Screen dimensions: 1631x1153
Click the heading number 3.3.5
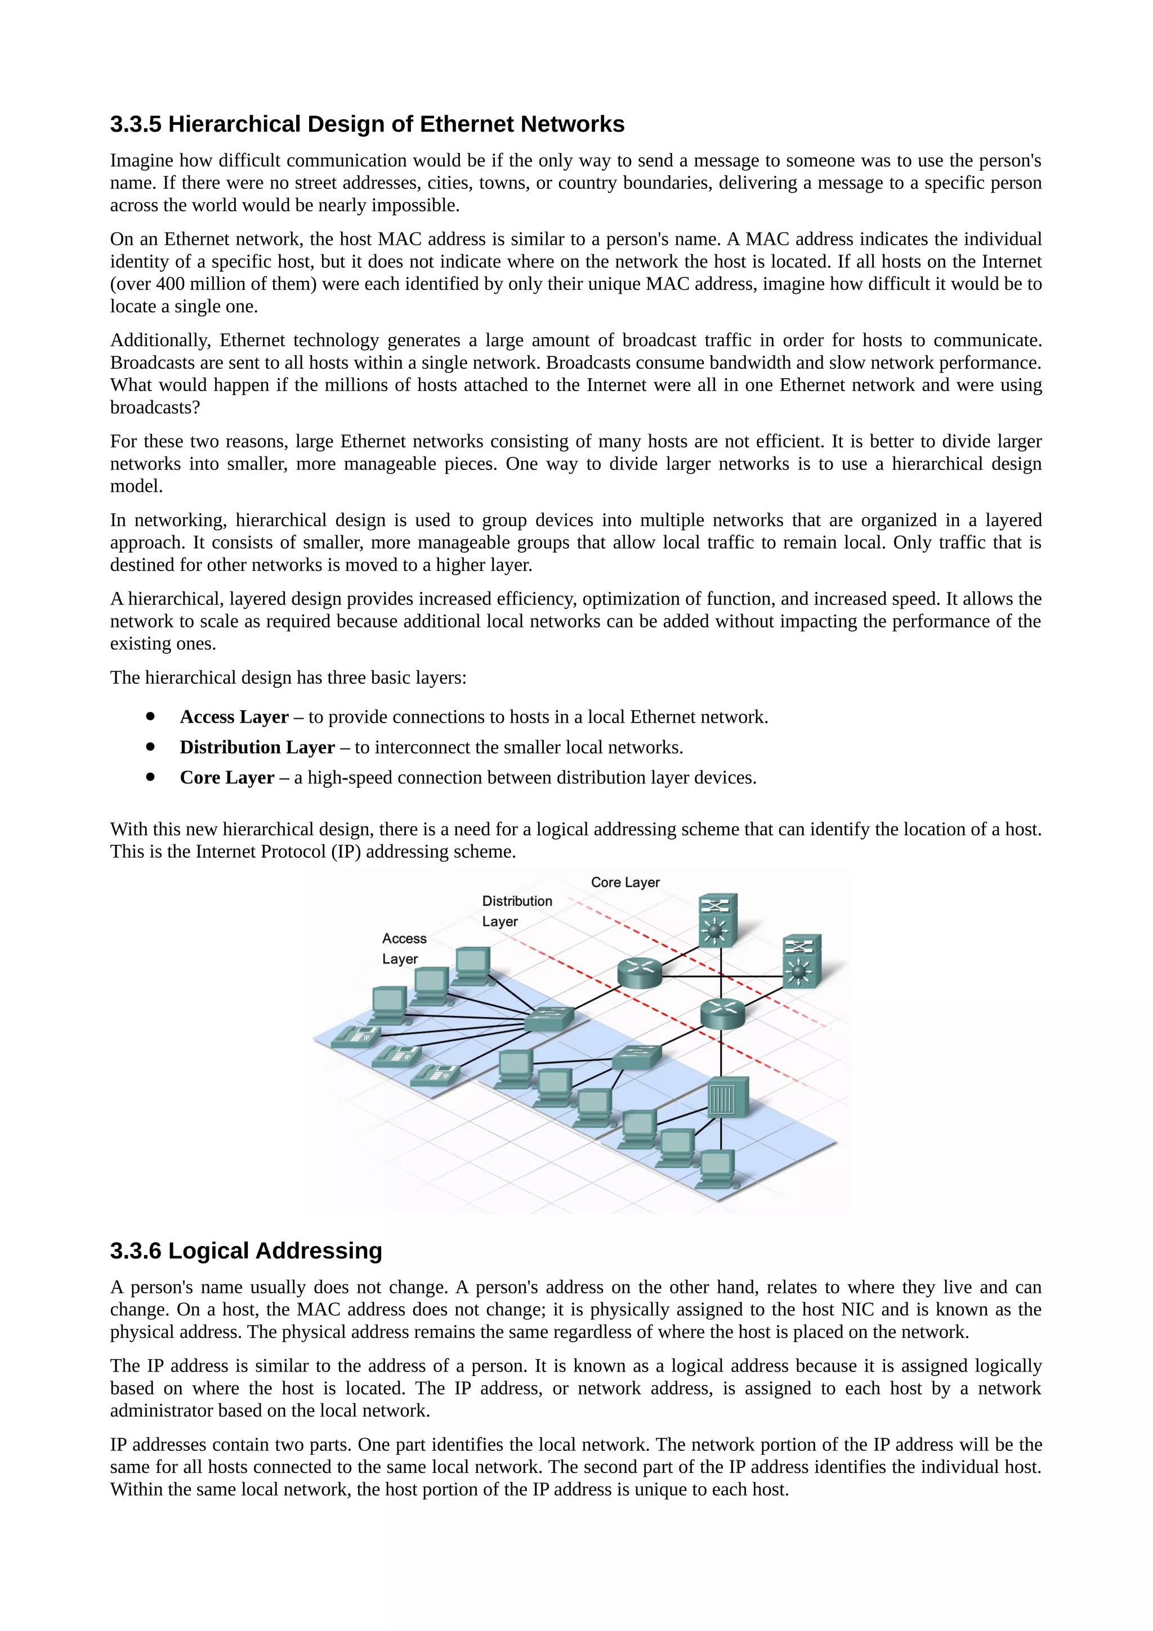pyautogui.click(x=136, y=124)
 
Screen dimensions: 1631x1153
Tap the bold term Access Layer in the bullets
pyautogui.click(x=234, y=717)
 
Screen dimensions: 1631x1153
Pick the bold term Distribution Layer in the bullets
pyautogui.click(x=257, y=747)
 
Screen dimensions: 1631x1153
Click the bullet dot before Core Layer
pyautogui.click(x=150, y=777)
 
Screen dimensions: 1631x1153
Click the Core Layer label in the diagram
pyautogui.click(x=625, y=882)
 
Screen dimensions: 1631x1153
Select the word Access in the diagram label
pyautogui.click(x=404, y=938)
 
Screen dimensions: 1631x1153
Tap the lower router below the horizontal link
pyautogui.click(x=722, y=1013)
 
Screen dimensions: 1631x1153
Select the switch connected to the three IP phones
pyautogui.click(x=548, y=1020)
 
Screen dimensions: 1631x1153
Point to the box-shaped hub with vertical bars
pyautogui.click(x=727, y=1097)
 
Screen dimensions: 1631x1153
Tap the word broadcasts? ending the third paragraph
pyautogui.click(x=155, y=407)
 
